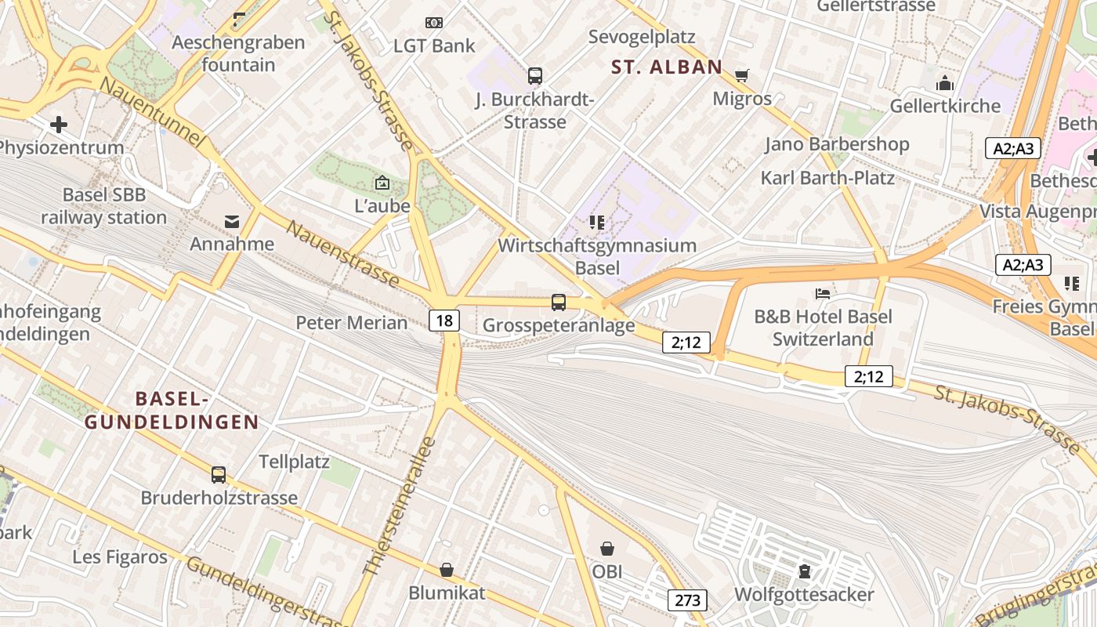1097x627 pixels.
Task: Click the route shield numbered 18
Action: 444,320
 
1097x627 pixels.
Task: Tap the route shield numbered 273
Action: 687,600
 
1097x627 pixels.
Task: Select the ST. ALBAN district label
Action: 667,67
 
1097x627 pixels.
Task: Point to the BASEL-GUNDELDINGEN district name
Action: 172,411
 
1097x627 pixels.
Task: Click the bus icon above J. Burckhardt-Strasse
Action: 535,76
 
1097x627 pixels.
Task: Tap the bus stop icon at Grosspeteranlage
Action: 559,303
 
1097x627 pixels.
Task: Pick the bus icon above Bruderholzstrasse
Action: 219,475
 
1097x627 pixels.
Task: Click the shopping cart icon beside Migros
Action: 742,76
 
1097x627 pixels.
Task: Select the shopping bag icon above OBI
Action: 607,549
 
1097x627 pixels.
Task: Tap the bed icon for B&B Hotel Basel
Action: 823,294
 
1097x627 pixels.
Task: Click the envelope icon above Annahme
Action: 232,222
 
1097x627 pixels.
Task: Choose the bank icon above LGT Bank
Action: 433,23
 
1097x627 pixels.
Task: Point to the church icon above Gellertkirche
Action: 945,83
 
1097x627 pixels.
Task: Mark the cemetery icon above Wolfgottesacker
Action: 804,571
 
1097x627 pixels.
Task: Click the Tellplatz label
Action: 294,462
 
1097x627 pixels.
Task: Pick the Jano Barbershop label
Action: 837,144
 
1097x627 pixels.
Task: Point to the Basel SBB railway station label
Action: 104,206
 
